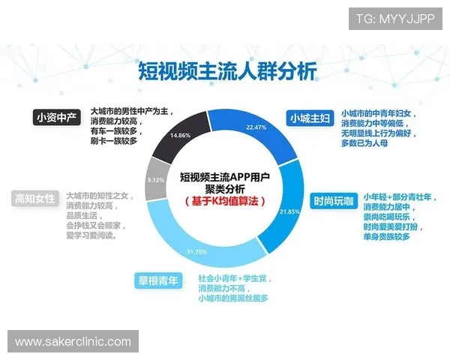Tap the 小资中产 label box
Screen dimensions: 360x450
click(56, 117)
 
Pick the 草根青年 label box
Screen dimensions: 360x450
click(158, 281)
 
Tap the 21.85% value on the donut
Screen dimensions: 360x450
click(289, 212)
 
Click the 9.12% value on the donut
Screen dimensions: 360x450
click(156, 180)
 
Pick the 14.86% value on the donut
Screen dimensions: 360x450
click(181, 135)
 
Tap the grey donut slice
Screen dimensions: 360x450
click(155, 181)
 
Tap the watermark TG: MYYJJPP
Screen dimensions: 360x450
click(395, 17)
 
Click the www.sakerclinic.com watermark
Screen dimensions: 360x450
click(73, 341)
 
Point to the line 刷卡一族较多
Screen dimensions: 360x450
click(113, 142)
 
